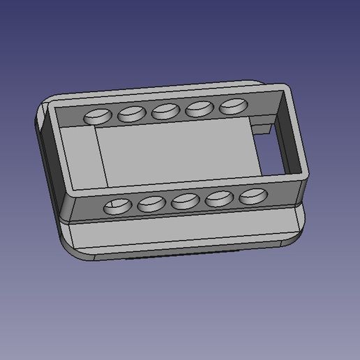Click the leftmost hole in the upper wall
[97, 116]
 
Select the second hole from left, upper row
[130, 113]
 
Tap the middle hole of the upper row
[166, 110]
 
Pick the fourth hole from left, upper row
[200, 108]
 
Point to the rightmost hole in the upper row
[234, 106]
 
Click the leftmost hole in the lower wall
[117, 206]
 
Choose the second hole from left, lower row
[151, 204]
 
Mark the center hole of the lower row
[185, 202]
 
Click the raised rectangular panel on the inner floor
[174, 153]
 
